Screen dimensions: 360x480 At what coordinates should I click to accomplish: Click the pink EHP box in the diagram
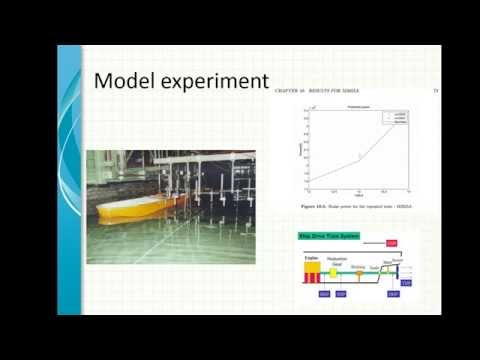point(392,243)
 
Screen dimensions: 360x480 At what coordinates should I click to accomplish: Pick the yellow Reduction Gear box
point(333,271)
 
